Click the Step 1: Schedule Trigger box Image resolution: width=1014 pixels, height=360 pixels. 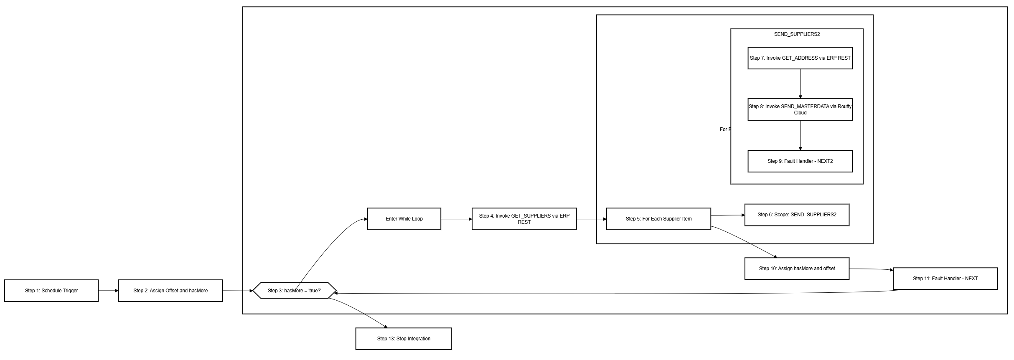(51, 291)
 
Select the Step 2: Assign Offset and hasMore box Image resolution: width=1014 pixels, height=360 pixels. (170, 291)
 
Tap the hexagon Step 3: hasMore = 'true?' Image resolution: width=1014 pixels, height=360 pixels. (295, 291)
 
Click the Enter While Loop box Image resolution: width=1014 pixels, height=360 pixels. (404, 219)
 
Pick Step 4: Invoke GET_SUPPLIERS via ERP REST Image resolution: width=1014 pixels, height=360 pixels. (524, 219)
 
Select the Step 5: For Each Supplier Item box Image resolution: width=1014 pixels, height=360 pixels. (658, 219)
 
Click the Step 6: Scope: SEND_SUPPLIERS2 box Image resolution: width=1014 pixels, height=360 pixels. (797, 215)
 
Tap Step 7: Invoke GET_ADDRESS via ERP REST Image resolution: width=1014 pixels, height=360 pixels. (800, 58)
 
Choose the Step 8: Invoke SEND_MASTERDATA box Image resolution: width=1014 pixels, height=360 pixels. (800, 109)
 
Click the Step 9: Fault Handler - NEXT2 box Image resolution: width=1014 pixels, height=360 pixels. (800, 161)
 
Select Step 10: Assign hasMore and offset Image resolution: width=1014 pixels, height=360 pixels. (797, 269)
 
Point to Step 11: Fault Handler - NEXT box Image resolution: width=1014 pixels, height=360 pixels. (945, 279)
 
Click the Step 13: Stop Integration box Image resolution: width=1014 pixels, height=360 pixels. (404, 339)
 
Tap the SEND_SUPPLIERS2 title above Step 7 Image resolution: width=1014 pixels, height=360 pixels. (797, 34)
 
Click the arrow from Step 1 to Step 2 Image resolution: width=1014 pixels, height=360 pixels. (108, 291)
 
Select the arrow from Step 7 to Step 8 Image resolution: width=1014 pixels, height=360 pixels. (800, 84)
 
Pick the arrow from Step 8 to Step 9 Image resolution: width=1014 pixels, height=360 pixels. (800, 135)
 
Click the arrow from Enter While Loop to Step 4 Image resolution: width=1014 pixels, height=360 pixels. (456, 219)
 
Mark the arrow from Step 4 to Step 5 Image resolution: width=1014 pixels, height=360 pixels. (591, 219)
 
